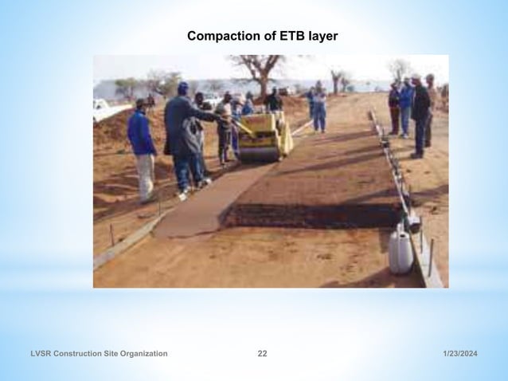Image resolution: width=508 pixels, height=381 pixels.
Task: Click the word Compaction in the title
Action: pos(221,36)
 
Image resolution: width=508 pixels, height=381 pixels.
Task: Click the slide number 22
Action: pos(262,353)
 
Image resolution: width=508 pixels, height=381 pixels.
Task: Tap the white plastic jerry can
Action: pos(401,251)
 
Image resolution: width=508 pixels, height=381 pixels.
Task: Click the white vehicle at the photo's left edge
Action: pos(101,109)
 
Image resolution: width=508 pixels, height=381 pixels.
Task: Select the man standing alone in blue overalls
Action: pos(319,109)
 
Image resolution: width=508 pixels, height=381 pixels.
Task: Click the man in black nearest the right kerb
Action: pos(420,116)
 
